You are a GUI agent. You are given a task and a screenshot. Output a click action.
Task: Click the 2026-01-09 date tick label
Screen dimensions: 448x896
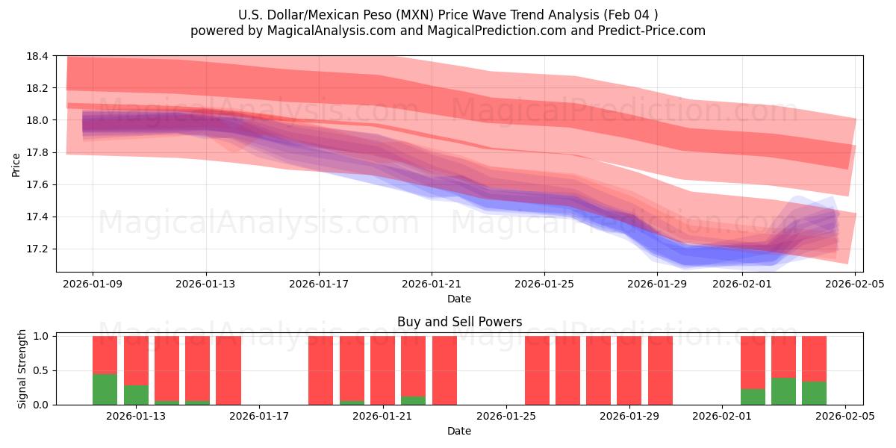point(93,284)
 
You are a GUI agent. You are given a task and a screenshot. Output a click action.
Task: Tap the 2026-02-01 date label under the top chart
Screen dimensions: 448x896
point(741,284)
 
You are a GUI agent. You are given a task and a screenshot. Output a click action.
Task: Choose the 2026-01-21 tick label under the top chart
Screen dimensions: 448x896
point(432,284)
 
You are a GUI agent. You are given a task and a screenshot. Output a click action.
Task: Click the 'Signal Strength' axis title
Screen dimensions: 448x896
point(22,369)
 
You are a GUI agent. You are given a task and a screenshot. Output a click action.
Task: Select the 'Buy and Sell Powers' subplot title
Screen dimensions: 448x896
point(458,323)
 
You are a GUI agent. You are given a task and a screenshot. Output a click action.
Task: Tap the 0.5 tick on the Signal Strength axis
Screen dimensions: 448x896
point(41,370)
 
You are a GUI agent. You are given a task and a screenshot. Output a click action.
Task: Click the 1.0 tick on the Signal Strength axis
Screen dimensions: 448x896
point(41,336)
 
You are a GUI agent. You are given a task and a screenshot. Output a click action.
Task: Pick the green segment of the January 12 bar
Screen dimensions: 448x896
point(105,389)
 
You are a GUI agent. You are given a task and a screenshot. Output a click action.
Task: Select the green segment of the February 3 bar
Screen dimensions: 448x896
point(783,391)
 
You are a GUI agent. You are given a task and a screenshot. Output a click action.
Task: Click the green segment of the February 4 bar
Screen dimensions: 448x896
point(814,393)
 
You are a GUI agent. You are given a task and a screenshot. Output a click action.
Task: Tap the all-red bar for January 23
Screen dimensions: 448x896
point(444,370)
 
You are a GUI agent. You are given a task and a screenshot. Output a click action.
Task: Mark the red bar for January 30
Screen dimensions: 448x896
point(660,370)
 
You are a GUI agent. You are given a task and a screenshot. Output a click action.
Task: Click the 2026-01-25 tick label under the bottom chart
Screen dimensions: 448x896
point(506,417)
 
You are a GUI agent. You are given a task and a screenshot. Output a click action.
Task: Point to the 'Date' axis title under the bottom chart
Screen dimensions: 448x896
point(458,431)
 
